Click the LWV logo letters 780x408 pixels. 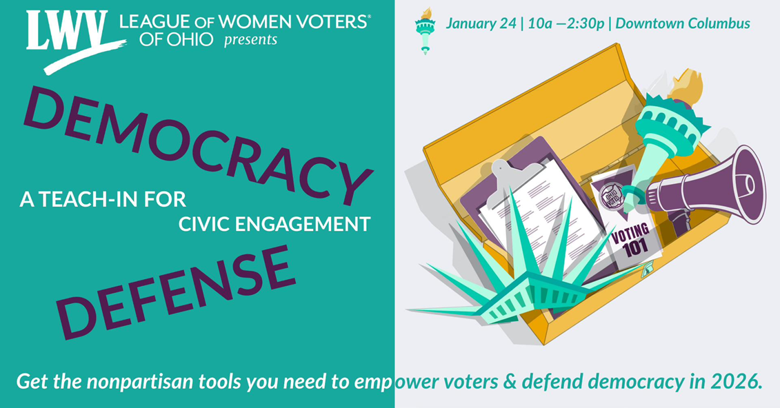coord(68,32)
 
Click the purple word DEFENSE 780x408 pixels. coord(177,292)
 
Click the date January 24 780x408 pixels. coord(481,24)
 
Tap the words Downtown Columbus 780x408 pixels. coord(683,24)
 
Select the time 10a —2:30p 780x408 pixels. coord(568,24)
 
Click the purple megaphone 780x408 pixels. coord(710,186)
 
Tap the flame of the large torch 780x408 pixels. coord(687,86)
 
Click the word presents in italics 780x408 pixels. coord(250,40)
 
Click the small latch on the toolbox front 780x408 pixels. coord(648,274)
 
